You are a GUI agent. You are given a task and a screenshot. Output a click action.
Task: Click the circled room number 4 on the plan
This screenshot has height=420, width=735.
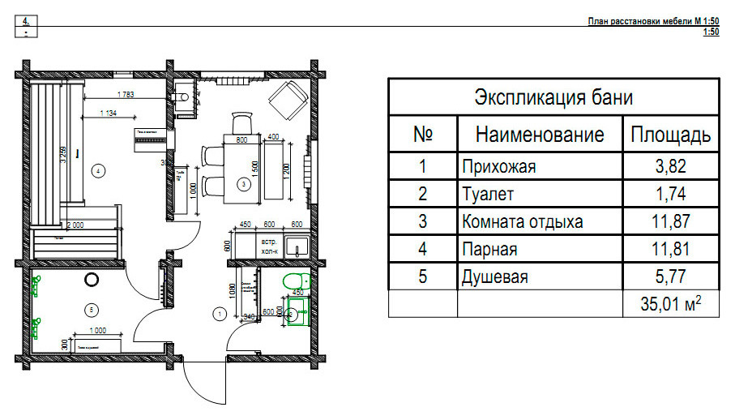click(x=98, y=170)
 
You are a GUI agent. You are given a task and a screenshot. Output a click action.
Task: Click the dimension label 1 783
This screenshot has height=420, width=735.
click(x=126, y=94)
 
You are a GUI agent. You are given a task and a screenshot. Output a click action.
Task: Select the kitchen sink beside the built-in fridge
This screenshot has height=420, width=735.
click(x=297, y=247)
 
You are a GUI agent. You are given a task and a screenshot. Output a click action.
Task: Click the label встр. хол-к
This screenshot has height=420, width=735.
click(x=268, y=246)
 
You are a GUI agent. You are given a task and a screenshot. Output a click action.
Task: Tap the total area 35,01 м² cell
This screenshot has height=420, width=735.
click(x=670, y=304)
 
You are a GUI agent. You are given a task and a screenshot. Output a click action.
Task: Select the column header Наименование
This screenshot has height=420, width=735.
click(x=540, y=134)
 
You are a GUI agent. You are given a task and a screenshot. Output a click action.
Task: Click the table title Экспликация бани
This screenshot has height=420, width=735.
click(x=553, y=99)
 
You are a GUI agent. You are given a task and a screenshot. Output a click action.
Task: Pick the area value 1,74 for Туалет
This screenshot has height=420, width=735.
click(x=670, y=195)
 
